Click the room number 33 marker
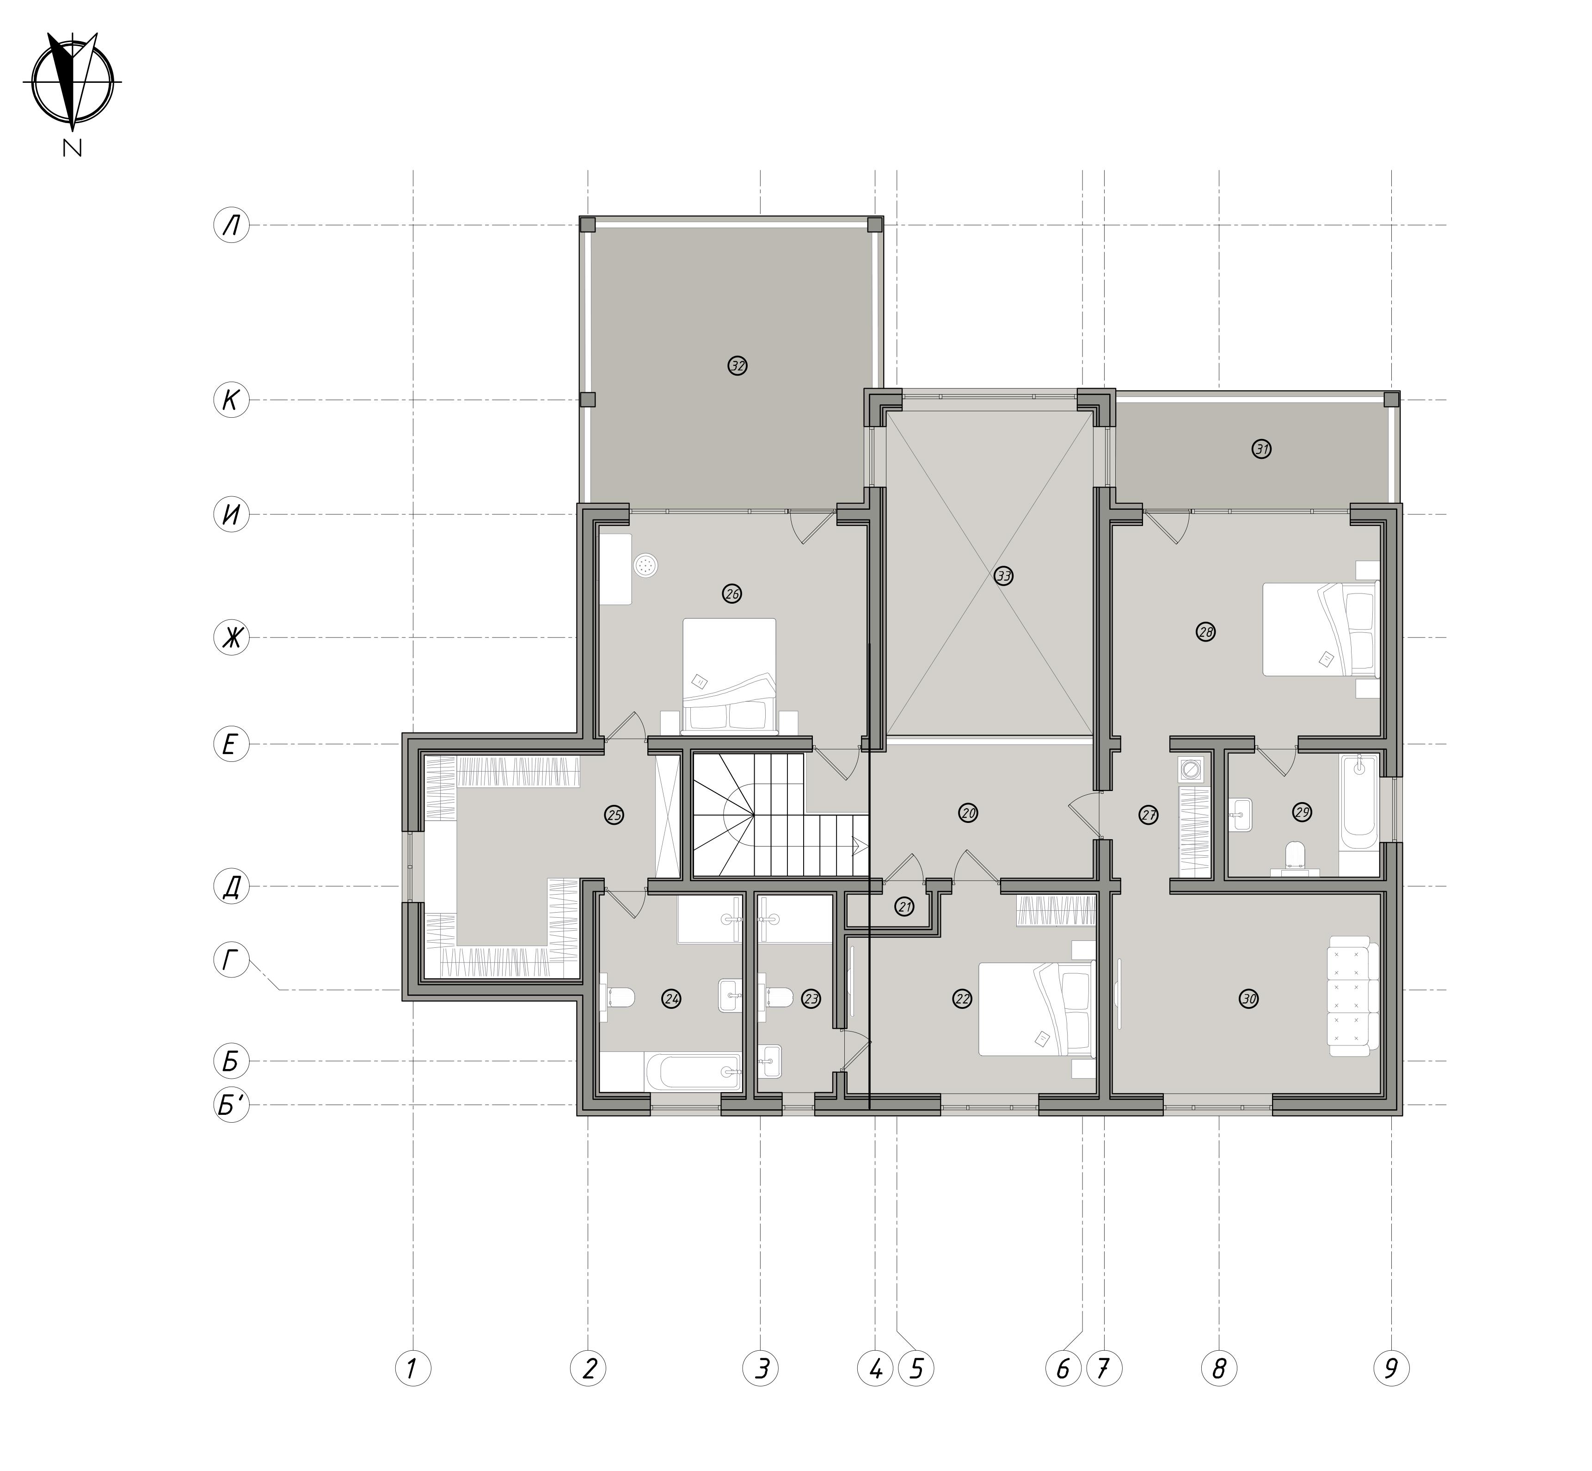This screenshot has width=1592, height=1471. (x=1003, y=575)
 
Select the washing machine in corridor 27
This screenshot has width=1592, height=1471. (x=1191, y=770)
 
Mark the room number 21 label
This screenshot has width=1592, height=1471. (x=904, y=907)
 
